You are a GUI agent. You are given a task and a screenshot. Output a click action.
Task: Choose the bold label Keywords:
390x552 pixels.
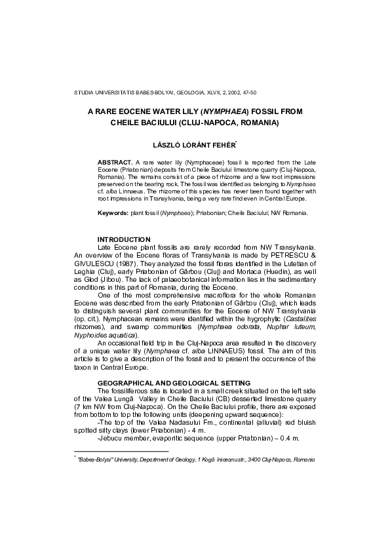point(113,213)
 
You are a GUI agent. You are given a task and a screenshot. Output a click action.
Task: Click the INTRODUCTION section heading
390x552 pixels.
point(124,239)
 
